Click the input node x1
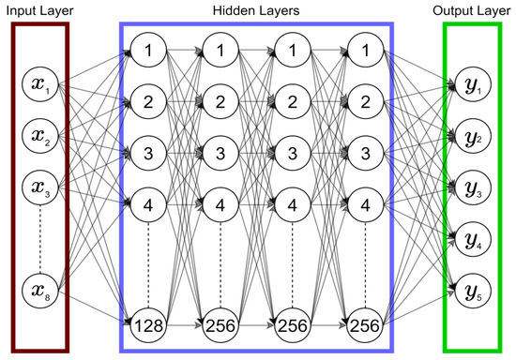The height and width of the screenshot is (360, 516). click(38, 88)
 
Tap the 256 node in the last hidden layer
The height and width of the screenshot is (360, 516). click(366, 326)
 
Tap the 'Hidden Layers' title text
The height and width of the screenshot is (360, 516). click(256, 10)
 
